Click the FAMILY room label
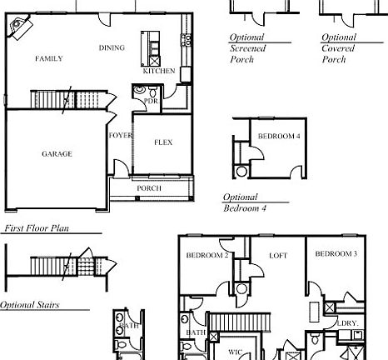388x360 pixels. [x=49, y=59]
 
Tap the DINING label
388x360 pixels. [x=112, y=47]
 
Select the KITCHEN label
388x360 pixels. [x=159, y=72]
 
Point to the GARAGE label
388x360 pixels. [x=57, y=153]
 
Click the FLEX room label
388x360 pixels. [x=163, y=142]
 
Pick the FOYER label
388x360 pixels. [x=120, y=134]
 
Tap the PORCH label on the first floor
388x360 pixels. [x=149, y=188]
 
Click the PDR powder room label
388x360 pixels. [x=151, y=101]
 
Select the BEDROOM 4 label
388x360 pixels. [x=278, y=136]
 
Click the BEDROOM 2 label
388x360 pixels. [x=206, y=255]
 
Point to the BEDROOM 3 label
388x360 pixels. [x=336, y=253]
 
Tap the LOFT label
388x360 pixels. [x=277, y=256]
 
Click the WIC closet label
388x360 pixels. [x=236, y=352]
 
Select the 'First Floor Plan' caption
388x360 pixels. [x=38, y=227]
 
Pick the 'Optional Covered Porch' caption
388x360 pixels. [x=340, y=48]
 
